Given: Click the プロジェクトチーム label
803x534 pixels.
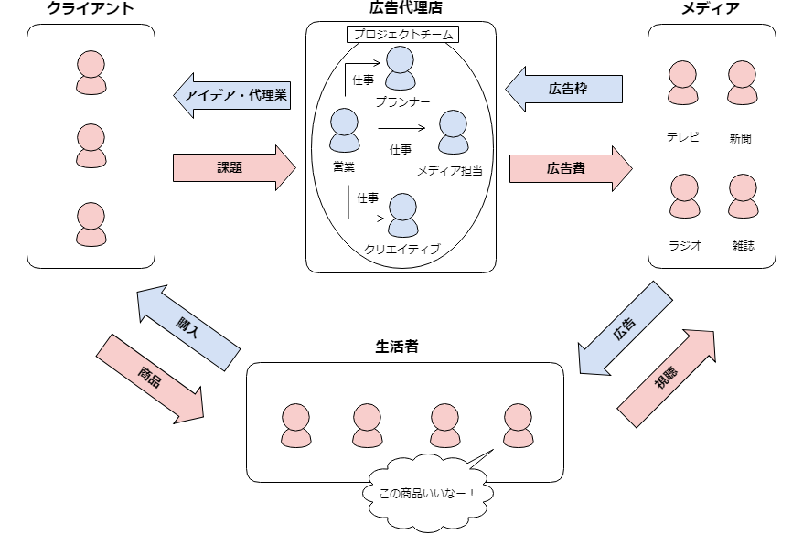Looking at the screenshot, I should coord(403,35).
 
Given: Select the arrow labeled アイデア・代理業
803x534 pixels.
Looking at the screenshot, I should coord(233,95).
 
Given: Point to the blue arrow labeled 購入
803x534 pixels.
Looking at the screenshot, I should coord(187,329).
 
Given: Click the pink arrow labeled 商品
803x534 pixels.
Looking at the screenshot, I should coord(150,378).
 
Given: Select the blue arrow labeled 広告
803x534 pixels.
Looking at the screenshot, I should coord(626,329).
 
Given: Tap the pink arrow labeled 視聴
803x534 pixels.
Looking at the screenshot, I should coord(667,378).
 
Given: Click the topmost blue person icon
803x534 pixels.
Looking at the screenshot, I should coord(401,68).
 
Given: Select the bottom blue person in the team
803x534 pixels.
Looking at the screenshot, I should coord(402,215).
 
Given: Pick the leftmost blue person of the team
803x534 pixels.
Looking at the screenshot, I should coord(345,130).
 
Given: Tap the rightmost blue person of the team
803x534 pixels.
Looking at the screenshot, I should coord(454,132).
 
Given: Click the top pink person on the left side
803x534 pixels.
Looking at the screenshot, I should coord(91,72).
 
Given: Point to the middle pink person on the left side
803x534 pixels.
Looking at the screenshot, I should coord(91,145).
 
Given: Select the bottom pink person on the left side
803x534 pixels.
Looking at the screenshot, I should coord(91,224).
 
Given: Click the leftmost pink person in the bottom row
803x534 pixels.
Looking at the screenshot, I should coord(295,425).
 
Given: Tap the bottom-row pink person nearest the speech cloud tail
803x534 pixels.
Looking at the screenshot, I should coord(518,425).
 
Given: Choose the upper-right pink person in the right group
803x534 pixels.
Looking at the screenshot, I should coord(743,82).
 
